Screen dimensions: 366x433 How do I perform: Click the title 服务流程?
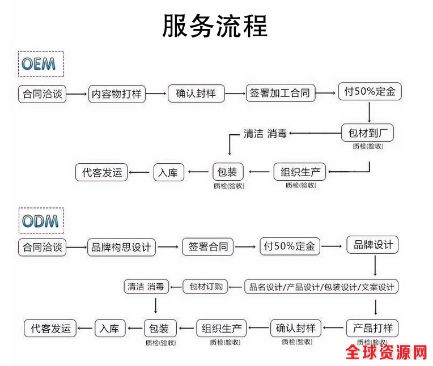tap(215, 25)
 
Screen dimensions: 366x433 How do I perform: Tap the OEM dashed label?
tap(39, 63)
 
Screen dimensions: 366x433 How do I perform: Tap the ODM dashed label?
tap(40, 220)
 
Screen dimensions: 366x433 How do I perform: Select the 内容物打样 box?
tap(117, 93)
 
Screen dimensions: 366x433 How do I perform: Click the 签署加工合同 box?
tap(281, 93)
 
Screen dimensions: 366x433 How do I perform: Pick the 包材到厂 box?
tap(367, 133)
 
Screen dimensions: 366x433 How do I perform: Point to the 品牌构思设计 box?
tap(120, 247)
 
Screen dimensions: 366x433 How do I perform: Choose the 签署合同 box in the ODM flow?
tap(208, 246)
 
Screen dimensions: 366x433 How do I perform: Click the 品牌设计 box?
tap(373, 245)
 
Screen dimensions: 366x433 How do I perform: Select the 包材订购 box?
tap(205, 286)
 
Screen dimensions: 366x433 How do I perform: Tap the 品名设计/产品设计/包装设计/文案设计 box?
tap(321, 287)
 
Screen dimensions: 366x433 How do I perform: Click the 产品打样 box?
tap(372, 327)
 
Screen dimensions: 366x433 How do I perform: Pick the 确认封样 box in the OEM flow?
tap(196, 93)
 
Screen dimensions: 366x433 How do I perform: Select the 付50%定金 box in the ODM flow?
tap(290, 246)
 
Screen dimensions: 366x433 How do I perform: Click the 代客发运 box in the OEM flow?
tap(102, 172)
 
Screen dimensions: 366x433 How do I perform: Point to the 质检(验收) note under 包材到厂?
tap(367, 146)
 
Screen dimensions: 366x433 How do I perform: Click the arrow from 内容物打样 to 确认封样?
tap(156, 94)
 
